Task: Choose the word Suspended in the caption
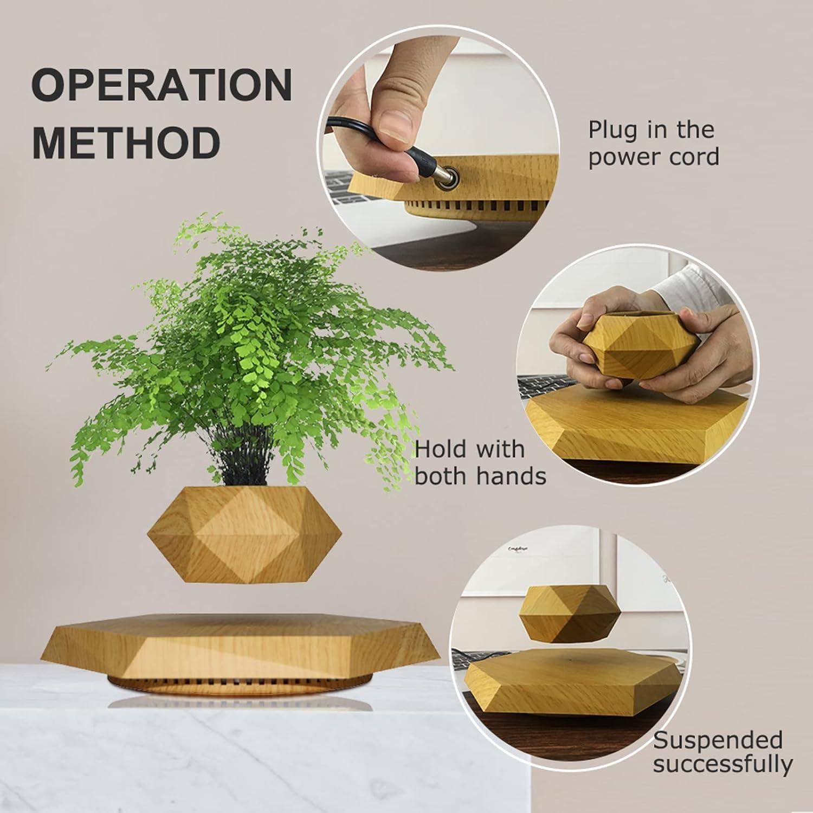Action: [x=718, y=740]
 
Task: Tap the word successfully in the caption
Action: [x=723, y=765]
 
